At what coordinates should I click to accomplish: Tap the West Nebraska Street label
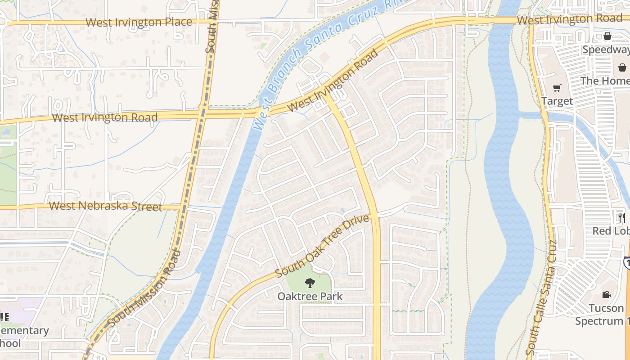point(105,206)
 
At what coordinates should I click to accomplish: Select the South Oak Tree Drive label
point(322,246)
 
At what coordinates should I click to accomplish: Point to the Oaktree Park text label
point(310,297)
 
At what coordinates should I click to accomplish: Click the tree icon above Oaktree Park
point(310,283)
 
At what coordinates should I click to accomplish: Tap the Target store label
point(557,101)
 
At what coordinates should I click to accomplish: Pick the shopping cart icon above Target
point(557,88)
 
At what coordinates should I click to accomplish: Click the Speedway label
point(606,49)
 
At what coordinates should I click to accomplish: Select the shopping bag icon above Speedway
point(607,36)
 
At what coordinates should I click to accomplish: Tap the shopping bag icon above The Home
point(622,67)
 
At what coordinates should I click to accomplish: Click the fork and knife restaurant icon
point(622,218)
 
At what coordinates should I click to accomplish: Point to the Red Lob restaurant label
point(611,231)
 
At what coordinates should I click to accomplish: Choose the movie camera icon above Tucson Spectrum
point(606,295)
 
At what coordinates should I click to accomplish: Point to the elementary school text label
point(22,337)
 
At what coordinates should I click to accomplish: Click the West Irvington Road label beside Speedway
point(569,19)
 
